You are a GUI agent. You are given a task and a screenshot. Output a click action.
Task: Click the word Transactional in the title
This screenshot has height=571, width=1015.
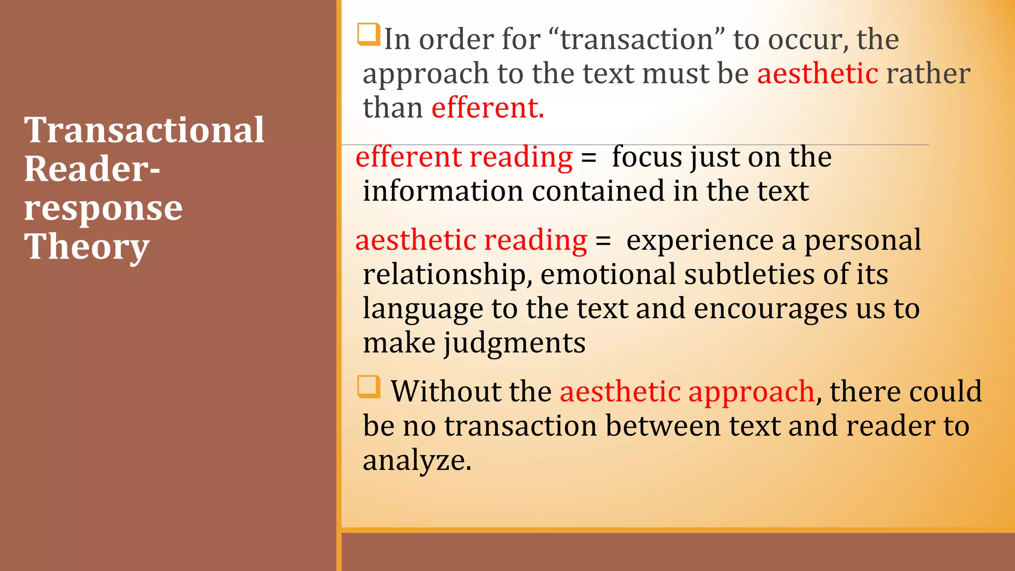coord(144,130)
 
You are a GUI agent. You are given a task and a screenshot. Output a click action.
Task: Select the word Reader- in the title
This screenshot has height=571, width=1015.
coord(92,169)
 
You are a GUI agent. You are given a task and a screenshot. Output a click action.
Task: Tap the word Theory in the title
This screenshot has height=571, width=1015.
coord(87,247)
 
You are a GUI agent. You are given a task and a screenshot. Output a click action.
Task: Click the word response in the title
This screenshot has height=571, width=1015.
coord(103,208)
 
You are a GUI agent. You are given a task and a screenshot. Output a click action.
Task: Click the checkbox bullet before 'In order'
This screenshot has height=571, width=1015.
coord(368,34)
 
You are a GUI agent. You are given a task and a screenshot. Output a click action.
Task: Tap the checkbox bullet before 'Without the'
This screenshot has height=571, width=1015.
coord(369,387)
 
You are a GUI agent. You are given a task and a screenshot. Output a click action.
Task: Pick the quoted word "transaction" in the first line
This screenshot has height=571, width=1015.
coord(637,39)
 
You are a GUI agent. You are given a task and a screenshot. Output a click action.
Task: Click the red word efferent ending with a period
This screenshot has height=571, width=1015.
coord(487,108)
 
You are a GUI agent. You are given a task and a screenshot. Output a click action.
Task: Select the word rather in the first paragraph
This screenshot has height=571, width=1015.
coord(928,74)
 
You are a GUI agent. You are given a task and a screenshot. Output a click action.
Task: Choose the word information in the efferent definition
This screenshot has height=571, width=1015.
coord(443,191)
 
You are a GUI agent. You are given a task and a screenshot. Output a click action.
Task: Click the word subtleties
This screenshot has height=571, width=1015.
coord(749,274)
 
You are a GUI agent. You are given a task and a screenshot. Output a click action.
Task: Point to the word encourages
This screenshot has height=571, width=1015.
coord(770,309)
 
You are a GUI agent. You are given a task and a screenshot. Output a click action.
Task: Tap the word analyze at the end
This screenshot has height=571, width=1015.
coord(417,460)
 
